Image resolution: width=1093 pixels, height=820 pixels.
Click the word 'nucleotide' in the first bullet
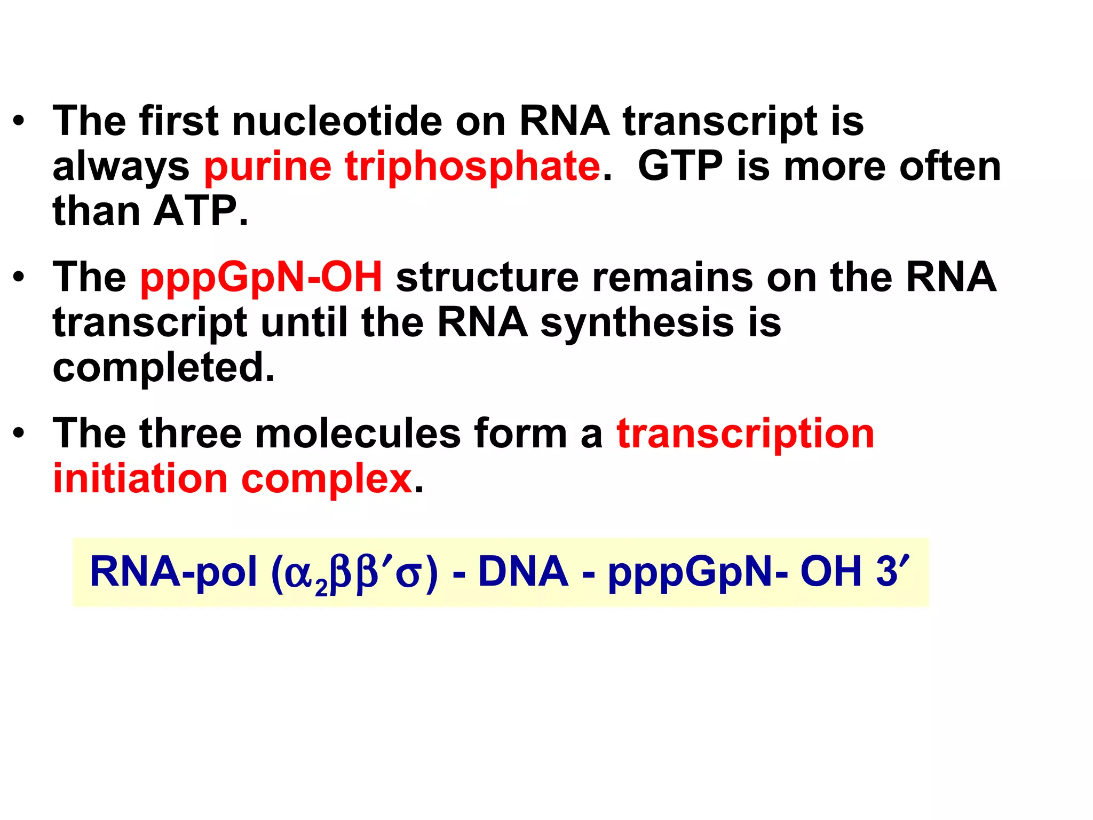coord(337,121)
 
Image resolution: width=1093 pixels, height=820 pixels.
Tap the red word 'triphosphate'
coord(473,167)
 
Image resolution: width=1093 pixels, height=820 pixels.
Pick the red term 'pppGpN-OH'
coord(261,278)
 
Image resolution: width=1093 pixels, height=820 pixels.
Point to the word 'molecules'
coord(358,433)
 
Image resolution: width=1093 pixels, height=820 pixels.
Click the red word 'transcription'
coord(746,433)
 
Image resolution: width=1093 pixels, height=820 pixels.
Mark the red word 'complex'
coord(327,479)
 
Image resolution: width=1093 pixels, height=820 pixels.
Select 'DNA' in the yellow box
coord(523,572)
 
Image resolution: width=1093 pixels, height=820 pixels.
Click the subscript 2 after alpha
coord(321,587)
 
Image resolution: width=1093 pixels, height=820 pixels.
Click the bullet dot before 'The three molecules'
coord(19,433)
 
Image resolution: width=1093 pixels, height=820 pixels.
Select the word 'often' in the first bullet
coord(950,167)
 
